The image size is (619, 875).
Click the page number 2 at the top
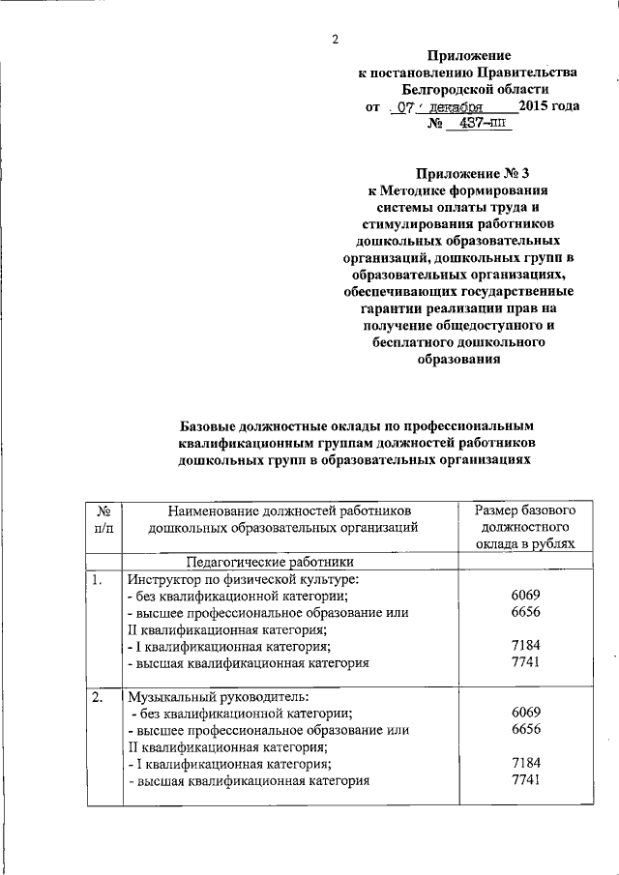click(335, 40)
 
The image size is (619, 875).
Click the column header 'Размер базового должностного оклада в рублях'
click(526, 527)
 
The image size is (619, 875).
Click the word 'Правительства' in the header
click(535, 73)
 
